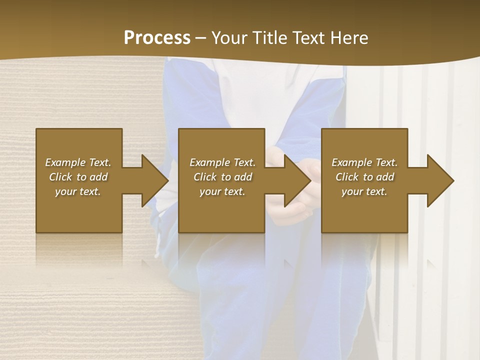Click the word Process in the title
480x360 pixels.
click(157, 38)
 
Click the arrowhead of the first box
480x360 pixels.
click(153, 180)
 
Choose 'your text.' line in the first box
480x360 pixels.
click(78, 191)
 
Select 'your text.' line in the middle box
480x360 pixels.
click(222, 191)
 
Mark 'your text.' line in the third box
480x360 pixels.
click(364, 191)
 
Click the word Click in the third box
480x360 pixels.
click(347, 177)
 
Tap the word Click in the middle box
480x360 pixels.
click(205, 177)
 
